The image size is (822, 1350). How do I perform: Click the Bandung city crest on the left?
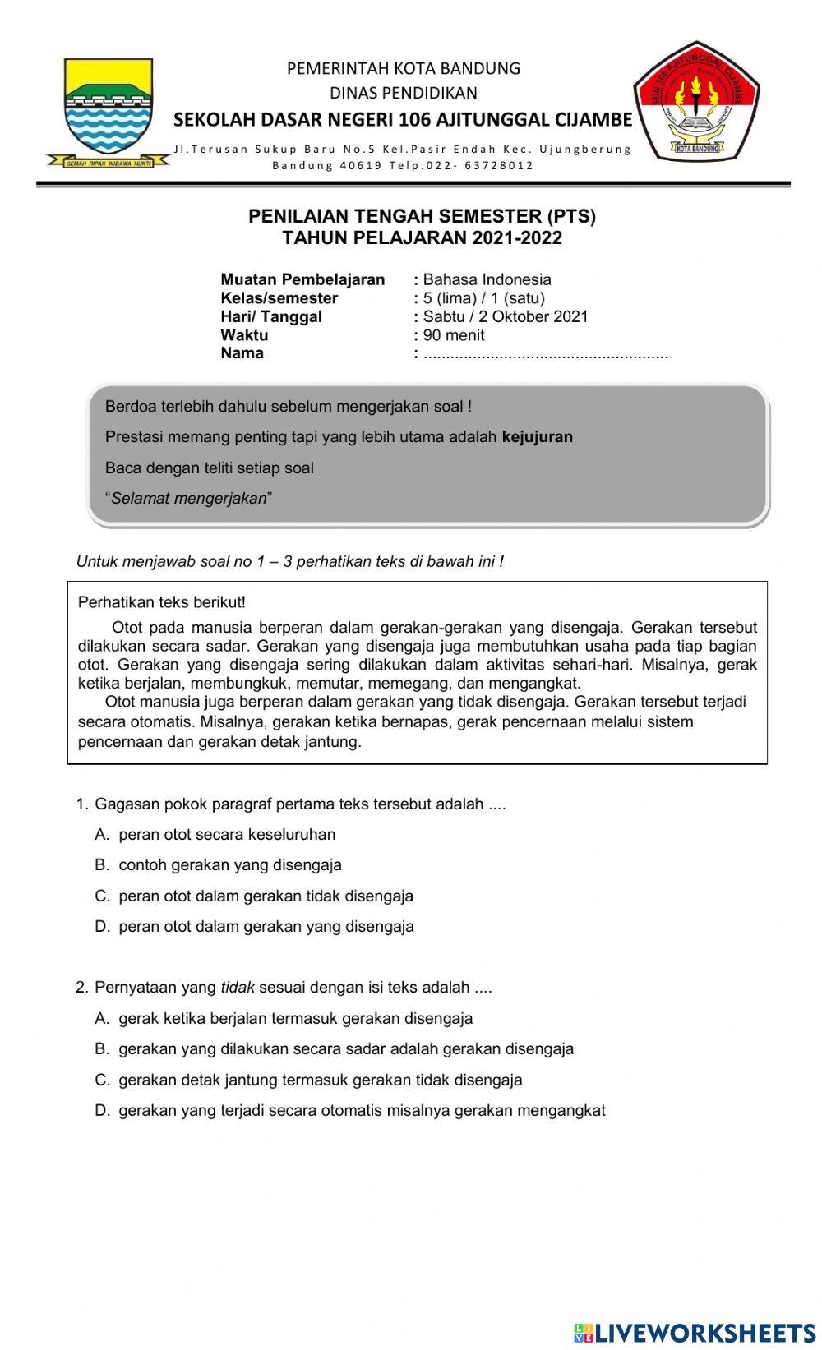click(109, 111)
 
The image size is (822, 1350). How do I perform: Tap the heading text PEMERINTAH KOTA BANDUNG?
click(403, 68)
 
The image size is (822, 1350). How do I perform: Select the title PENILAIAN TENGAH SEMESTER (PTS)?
click(422, 216)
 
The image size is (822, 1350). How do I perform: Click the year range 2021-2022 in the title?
click(516, 238)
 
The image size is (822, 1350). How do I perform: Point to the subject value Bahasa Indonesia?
click(487, 279)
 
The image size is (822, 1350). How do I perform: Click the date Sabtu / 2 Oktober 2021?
click(506, 316)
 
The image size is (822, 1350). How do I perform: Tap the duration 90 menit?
click(454, 335)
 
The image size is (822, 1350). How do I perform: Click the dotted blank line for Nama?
click(545, 355)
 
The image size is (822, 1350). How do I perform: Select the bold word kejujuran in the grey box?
click(537, 436)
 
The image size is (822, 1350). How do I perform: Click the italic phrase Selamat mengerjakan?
click(189, 498)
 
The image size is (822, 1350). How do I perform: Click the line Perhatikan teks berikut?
click(162, 601)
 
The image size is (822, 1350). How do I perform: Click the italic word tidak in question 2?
click(238, 987)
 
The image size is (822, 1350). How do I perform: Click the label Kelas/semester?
click(279, 298)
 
